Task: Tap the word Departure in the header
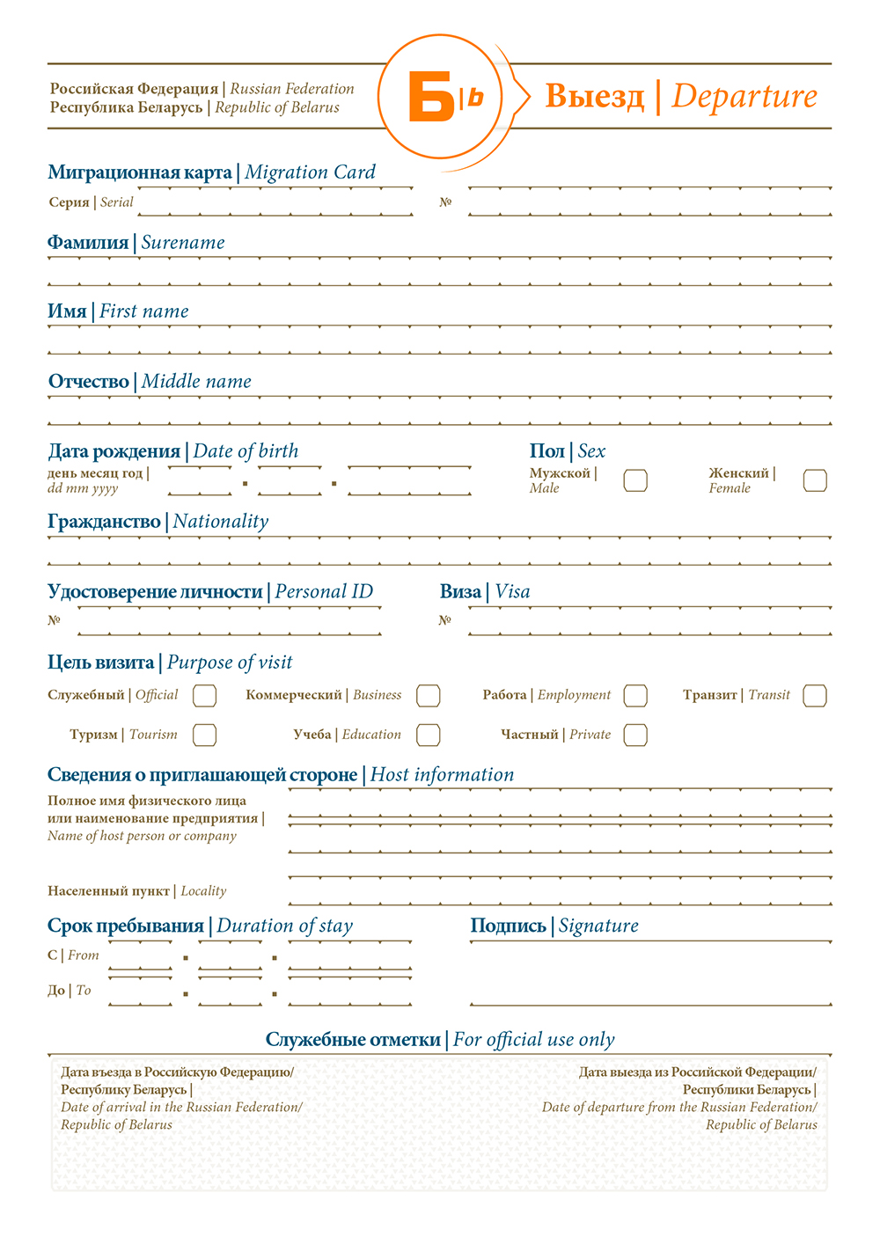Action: tap(744, 96)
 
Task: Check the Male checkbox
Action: tap(635, 480)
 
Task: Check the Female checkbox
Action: tap(815, 480)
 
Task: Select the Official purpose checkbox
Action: tap(204, 696)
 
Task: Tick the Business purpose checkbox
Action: tap(429, 696)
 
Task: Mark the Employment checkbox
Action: tap(635, 696)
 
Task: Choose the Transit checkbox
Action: tap(815, 696)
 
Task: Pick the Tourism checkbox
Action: tap(204, 735)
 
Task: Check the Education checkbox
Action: tap(429, 735)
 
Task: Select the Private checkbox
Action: tap(635, 735)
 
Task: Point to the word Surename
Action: tap(183, 243)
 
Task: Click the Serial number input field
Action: tap(275, 202)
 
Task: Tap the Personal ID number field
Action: tap(229, 621)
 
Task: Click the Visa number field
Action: tap(649, 621)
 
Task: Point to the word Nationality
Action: tap(221, 522)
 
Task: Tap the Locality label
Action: tap(203, 891)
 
